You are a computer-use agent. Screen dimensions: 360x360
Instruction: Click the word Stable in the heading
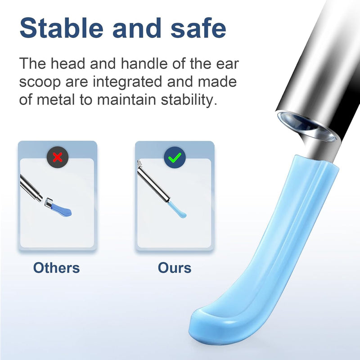61,28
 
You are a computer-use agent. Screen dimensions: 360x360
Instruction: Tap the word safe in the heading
198,28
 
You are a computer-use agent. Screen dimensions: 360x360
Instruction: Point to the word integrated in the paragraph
127,82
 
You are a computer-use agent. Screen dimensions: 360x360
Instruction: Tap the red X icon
58,157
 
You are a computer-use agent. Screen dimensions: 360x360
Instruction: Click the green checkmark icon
175,157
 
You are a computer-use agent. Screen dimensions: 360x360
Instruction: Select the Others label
57,268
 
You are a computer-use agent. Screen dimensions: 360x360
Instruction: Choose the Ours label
175,268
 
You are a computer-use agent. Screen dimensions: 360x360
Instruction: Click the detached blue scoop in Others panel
61,210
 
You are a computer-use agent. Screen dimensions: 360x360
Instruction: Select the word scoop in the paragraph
40,82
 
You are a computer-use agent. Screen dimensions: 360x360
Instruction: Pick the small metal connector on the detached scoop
49,202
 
